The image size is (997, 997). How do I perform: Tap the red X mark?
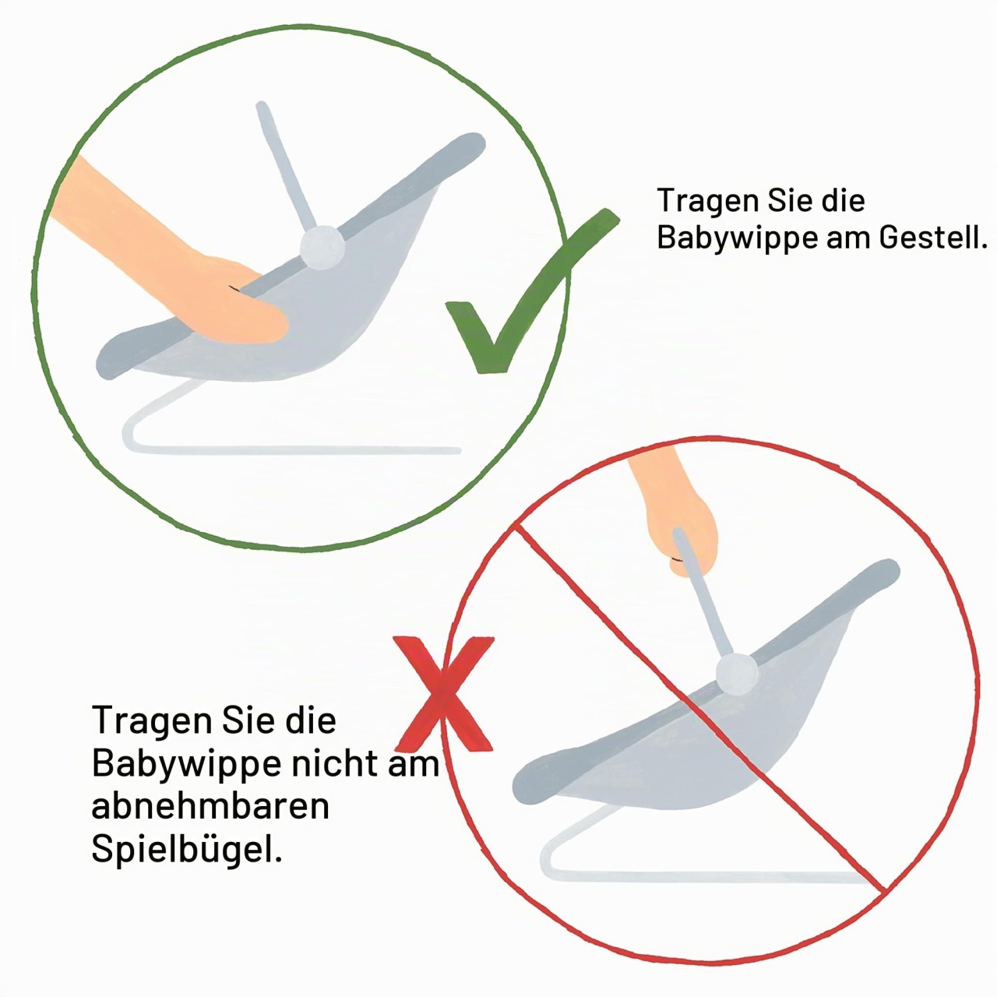(x=443, y=693)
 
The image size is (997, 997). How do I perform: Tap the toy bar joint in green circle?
(x=322, y=248)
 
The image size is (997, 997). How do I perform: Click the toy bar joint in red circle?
(x=737, y=674)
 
